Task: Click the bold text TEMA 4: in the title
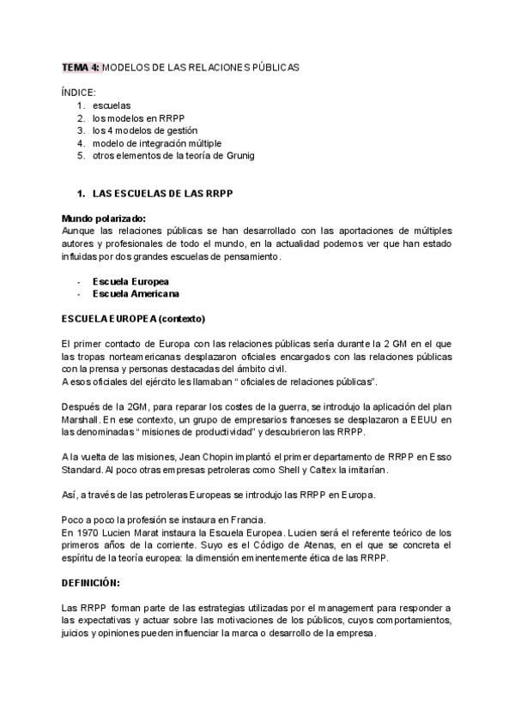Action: pyautogui.click(x=80, y=67)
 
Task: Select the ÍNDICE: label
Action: pyautogui.click(x=79, y=92)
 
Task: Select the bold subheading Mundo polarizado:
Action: pyautogui.click(x=104, y=219)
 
